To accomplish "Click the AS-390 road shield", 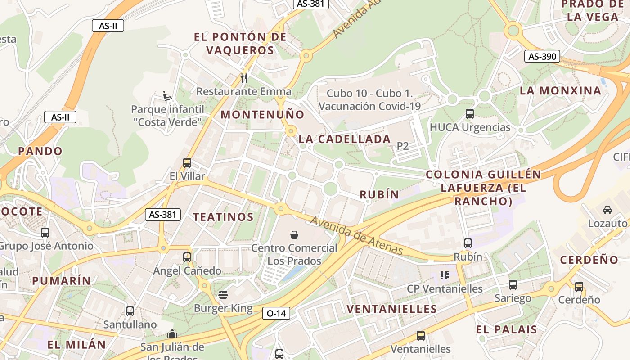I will pyautogui.click(x=542, y=57).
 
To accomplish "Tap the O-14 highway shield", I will pyautogui.click(x=276, y=313).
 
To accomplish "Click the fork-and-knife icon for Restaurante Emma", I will pyautogui.click(x=244, y=78).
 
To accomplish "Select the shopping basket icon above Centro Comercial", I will pyautogui.click(x=294, y=235).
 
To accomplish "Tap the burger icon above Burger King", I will pyautogui.click(x=223, y=295).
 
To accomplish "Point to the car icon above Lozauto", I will pyautogui.click(x=607, y=210).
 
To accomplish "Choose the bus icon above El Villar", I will pyautogui.click(x=187, y=163).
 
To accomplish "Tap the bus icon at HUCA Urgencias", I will pyautogui.click(x=470, y=114).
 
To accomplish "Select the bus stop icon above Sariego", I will pyautogui.click(x=513, y=285).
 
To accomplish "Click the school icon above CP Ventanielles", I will pyautogui.click(x=445, y=275).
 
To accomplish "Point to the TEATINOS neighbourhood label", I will pyautogui.click(x=224, y=217).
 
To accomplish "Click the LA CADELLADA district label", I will pyautogui.click(x=345, y=139).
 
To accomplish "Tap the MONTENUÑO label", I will pyautogui.click(x=262, y=115).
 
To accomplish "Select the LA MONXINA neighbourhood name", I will pyautogui.click(x=560, y=91).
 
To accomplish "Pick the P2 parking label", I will pyautogui.click(x=403, y=146).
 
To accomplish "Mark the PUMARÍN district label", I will pyautogui.click(x=62, y=281).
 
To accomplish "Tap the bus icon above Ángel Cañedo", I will pyautogui.click(x=187, y=257).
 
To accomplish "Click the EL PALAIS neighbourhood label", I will pyautogui.click(x=507, y=329).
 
